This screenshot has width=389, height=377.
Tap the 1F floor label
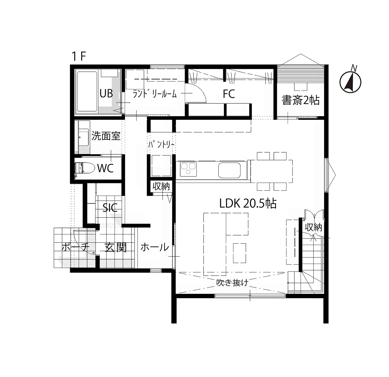point(79,56)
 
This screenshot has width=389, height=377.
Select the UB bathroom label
point(106,94)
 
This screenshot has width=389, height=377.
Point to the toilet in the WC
point(85,168)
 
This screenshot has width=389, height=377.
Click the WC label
point(105,168)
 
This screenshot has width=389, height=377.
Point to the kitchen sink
point(229,170)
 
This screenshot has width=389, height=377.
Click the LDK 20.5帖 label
point(248,203)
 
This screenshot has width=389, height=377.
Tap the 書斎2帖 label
point(301,100)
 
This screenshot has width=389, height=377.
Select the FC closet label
point(229,94)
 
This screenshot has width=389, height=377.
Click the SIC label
point(110,208)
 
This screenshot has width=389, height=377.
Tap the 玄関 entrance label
point(116,247)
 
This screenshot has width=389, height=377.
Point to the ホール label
point(155,247)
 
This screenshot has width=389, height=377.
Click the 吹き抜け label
point(233,282)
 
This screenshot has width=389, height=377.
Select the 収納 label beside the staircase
point(314,227)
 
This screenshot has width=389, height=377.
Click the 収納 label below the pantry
point(161,186)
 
